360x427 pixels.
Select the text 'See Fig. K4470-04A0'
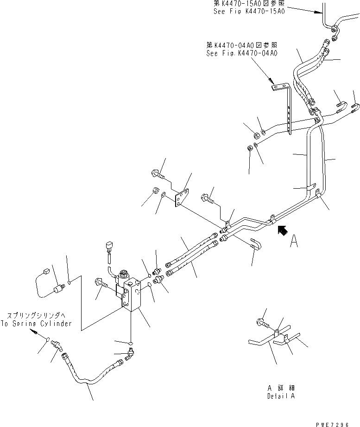pos(241,53)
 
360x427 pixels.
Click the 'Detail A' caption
pos(280,396)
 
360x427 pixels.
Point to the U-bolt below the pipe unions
pos(256,244)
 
